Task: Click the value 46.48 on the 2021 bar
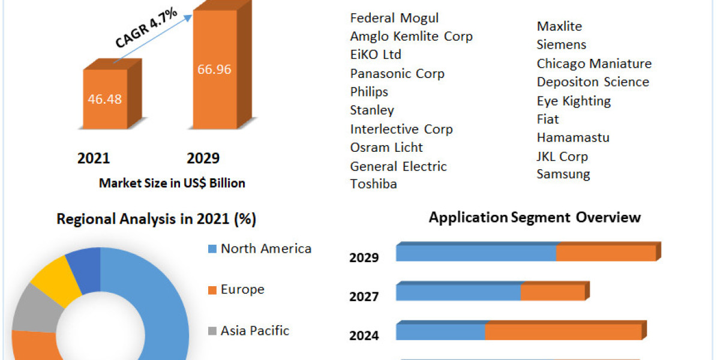105,99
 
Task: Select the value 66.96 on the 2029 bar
214,69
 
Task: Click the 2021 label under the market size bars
94,158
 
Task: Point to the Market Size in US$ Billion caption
172,184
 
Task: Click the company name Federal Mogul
394,18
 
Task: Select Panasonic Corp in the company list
397,74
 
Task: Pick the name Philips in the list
369,92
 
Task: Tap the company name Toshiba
373,184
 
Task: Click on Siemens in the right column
561,45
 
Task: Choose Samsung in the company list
563,175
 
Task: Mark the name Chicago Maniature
593,64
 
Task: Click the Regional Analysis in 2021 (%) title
156,220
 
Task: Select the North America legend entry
265,249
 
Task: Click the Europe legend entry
242,290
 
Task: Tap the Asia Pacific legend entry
254,331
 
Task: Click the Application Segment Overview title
535,217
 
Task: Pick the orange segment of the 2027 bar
552,292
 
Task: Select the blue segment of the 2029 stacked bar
476,253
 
